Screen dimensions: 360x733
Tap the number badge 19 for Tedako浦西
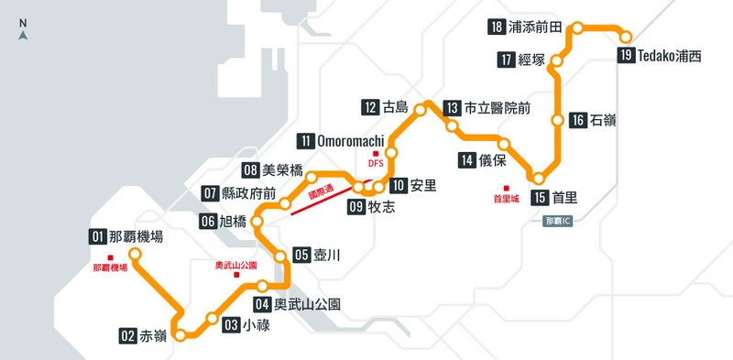(626, 56)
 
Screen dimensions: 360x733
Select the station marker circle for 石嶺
(556, 120)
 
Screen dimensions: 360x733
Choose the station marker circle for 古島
(421, 110)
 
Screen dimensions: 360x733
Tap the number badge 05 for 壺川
(301, 256)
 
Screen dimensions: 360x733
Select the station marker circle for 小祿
(213, 319)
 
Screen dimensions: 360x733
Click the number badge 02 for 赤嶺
(128, 335)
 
